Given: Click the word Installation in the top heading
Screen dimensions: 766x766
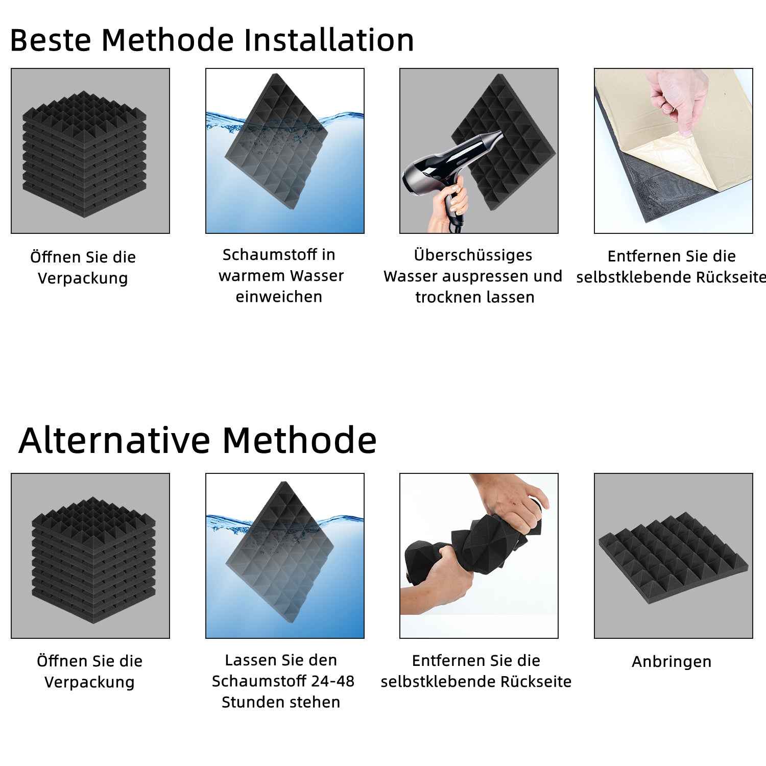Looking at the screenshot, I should pyautogui.click(x=329, y=40).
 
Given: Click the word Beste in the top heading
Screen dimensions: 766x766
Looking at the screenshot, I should pyautogui.click(x=50, y=40).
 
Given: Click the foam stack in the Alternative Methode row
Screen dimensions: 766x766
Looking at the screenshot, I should pyautogui.click(x=93, y=559).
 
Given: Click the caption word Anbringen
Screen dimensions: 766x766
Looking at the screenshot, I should pyautogui.click(x=671, y=662).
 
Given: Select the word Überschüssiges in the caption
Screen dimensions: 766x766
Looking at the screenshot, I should pyautogui.click(x=473, y=255).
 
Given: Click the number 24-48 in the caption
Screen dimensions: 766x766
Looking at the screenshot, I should pyautogui.click(x=334, y=681).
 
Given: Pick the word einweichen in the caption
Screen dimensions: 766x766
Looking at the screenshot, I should pyautogui.click(x=279, y=297).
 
